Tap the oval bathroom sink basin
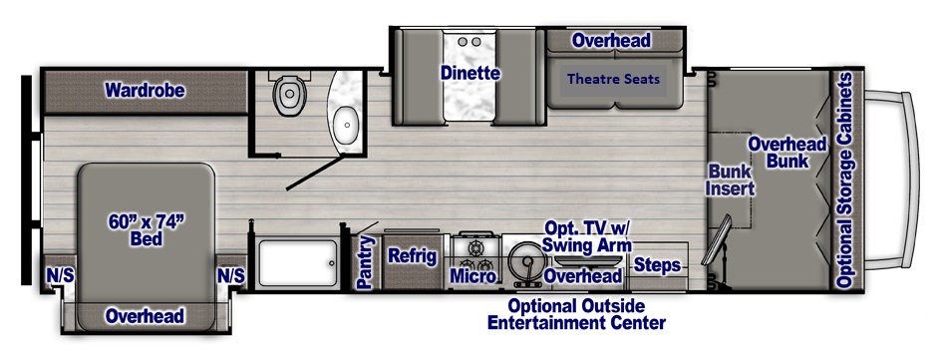(346, 125)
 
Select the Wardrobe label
(145, 91)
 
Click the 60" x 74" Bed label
(146, 230)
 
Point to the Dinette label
(470, 73)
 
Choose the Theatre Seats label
(613, 79)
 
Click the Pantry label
(365, 262)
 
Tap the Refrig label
(412, 256)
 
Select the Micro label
(473, 276)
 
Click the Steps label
(658, 265)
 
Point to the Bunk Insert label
(730, 180)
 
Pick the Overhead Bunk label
(787, 153)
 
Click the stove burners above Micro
(475, 253)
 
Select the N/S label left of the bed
(60, 276)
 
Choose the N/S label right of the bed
(231, 276)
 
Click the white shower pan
(297, 262)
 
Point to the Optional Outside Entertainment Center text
(576, 314)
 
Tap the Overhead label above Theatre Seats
(611, 40)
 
